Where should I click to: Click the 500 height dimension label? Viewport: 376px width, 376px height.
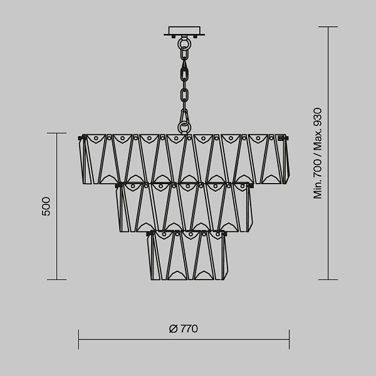click(46, 206)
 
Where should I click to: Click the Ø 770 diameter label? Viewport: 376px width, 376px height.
click(184, 329)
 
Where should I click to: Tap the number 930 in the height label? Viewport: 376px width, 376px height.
click(317, 117)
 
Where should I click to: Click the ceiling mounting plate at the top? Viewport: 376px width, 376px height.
click(184, 31)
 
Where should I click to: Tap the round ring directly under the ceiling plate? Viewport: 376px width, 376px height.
click(184, 44)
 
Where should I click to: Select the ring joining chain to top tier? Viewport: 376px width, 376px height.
click(184, 127)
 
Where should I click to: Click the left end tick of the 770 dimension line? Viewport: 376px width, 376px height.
click(79, 339)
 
